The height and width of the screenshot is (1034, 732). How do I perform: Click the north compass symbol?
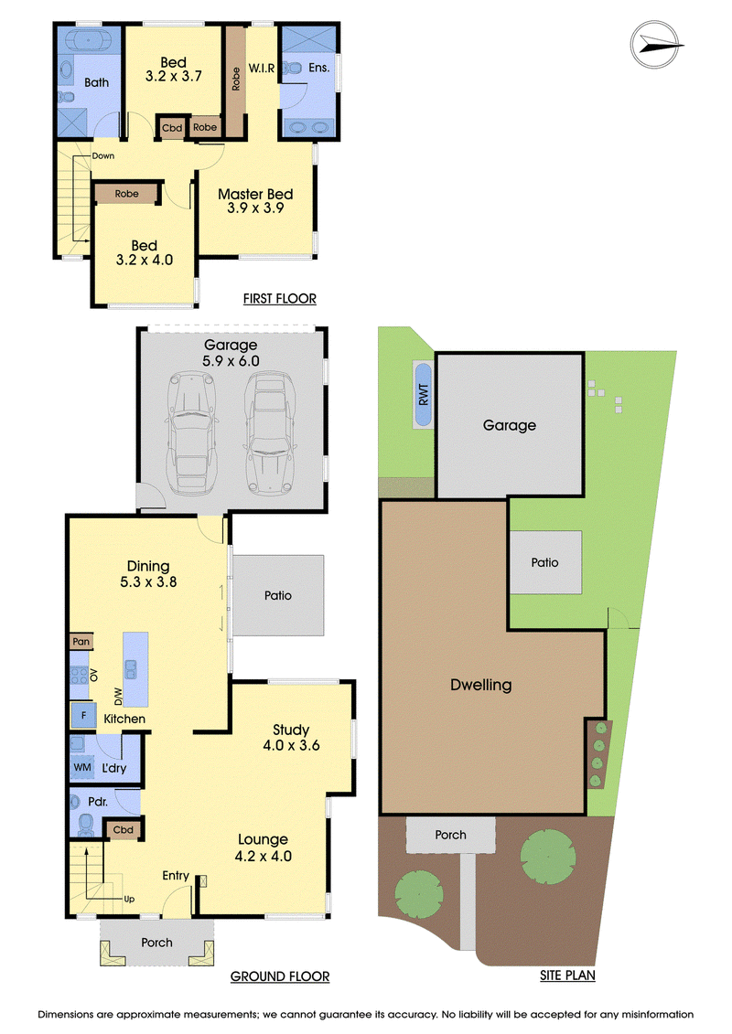(x=655, y=45)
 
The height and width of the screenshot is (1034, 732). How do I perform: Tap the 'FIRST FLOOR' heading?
(x=279, y=299)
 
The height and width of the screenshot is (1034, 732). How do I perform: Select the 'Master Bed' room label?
(x=255, y=194)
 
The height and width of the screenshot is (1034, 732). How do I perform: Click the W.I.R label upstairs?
(x=262, y=68)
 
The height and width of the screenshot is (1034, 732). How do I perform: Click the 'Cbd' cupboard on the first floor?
(x=172, y=128)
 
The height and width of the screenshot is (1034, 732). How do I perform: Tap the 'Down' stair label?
(x=103, y=155)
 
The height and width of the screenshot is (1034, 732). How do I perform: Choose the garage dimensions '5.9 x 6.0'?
(x=231, y=361)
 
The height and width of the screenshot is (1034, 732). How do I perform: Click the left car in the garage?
(x=192, y=433)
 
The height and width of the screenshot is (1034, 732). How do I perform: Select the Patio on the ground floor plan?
(x=278, y=595)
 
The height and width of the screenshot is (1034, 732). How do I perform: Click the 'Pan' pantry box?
(x=81, y=642)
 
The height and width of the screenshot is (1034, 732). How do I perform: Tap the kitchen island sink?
(x=131, y=669)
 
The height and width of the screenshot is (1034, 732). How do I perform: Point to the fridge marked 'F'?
(x=84, y=716)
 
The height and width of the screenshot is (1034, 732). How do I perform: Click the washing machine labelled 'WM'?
(x=82, y=767)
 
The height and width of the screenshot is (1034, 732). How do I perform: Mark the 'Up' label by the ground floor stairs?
(x=129, y=899)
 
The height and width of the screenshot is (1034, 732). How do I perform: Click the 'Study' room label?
(x=291, y=730)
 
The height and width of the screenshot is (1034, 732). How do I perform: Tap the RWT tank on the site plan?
(x=423, y=394)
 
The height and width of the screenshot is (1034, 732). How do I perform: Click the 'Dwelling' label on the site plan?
(x=481, y=685)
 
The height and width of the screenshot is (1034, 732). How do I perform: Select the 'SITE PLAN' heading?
(x=567, y=975)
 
